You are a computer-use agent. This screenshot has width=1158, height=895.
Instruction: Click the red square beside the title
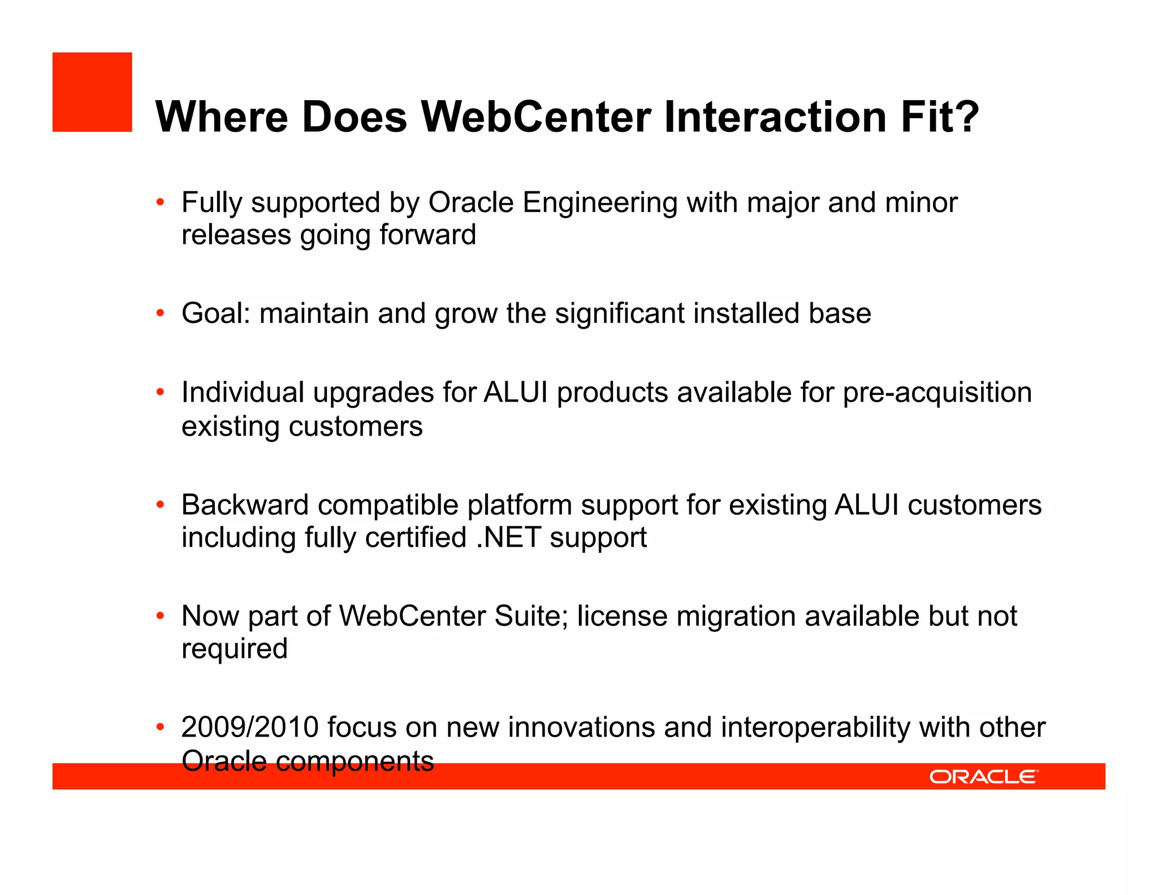(x=92, y=92)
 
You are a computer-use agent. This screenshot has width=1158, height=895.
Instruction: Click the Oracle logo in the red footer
(x=983, y=777)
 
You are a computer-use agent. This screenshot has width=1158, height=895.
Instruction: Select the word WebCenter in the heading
(x=536, y=117)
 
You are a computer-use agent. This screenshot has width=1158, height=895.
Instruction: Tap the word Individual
(x=243, y=393)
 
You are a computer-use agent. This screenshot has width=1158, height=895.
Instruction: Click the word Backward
(x=245, y=505)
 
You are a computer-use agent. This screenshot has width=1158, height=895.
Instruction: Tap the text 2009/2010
(x=250, y=728)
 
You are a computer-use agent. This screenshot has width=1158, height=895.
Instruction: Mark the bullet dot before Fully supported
(x=161, y=202)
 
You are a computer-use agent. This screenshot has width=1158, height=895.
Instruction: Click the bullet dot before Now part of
(x=161, y=616)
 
